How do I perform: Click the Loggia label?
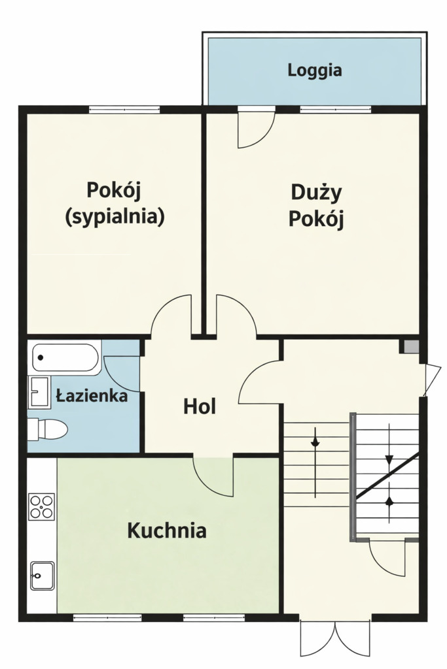[314, 70]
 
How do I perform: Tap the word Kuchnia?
[167, 530]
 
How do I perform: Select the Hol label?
[200, 406]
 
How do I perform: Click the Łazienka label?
[92, 395]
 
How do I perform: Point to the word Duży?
[317, 193]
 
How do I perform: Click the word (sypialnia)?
[115, 216]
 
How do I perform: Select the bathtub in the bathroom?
[65, 358]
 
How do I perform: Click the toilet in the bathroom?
[48, 429]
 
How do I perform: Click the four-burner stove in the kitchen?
[42, 507]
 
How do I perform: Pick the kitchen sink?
[43, 575]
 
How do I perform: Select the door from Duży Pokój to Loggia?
[254, 128]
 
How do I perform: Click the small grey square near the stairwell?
[410, 347]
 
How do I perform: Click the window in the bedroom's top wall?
[124, 109]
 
